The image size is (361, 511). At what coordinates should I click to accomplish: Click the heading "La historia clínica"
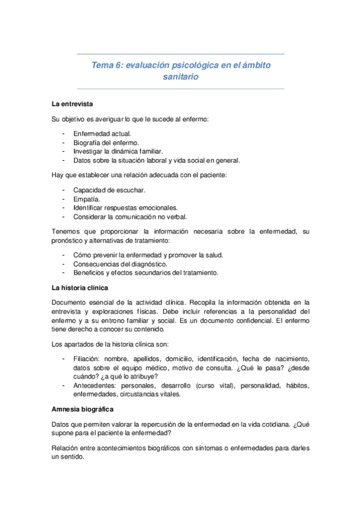coord(81,287)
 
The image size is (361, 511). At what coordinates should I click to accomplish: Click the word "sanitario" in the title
coord(181,77)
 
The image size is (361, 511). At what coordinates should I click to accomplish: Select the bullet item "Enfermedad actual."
coord(102,133)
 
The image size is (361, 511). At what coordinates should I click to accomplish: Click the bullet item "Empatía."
coord(87,198)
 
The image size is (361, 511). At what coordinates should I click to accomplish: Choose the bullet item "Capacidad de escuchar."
coord(109,189)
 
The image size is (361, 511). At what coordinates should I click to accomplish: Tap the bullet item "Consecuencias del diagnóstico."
coord(120,263)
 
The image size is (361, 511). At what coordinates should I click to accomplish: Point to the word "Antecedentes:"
coord(95,384)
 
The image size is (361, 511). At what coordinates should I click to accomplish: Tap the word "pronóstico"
coord(71,240)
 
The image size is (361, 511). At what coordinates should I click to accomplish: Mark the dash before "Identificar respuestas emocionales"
coord(63,207)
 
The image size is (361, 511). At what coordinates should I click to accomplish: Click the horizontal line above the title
coord(181,54)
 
